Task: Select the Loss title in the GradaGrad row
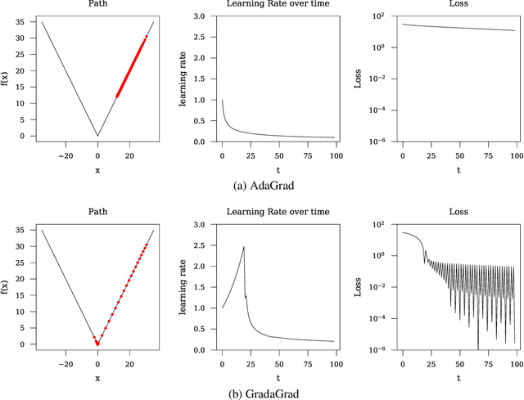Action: [x=458, y=212]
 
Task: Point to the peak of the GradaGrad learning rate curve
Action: [x=244, y=247]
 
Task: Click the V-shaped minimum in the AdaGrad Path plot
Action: [x=97, y=136]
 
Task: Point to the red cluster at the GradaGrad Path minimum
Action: [x=97, y=342]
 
